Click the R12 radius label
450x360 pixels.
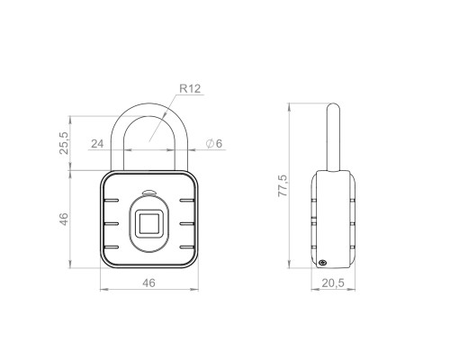point(190,89)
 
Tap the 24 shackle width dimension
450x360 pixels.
point(96,143)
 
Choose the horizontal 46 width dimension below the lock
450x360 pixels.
point(148,282)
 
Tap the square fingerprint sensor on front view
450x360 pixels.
point(149,223)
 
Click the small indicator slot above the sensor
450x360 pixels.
point(149,193)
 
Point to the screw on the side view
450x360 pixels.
point(321,263)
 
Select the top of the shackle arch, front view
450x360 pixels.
point(149,100)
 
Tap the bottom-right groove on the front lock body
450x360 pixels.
point(188,246)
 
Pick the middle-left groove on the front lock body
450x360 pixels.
point(110,223)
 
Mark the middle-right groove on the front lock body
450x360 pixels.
point(189,223)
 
